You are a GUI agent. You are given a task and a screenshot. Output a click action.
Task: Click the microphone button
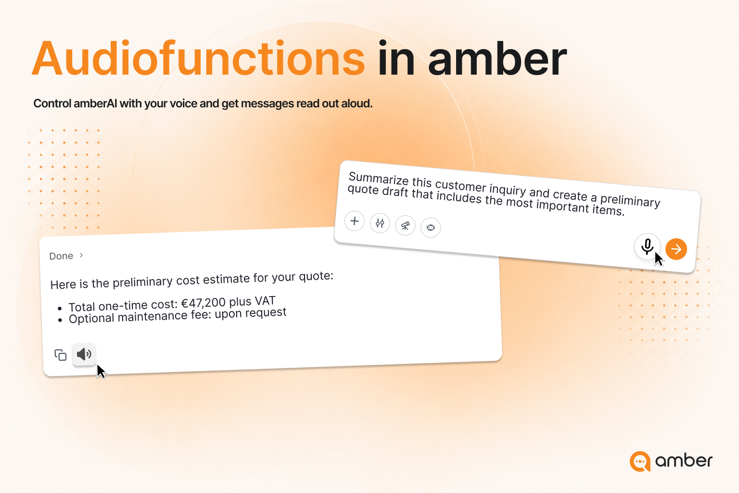tap(647, 246)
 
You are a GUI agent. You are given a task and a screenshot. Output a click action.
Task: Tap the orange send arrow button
tap(676, 249)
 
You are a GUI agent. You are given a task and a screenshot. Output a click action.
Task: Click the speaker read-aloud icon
tap(84, 354)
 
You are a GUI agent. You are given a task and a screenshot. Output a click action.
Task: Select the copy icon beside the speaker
tap(60, 355)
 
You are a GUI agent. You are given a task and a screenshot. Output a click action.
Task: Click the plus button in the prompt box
tap(355, 221)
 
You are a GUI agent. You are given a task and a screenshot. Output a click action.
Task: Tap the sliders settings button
tap(380, 223)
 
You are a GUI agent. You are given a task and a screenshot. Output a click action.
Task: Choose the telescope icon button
tap(405, 225)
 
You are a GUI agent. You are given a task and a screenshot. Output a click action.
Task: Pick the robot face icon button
tap(431, 228)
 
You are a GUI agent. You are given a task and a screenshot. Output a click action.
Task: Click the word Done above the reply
tap(61, 256)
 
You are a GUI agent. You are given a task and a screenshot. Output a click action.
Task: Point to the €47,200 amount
tap(204, 302)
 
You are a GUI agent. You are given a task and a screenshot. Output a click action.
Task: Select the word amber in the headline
tap(497, 58)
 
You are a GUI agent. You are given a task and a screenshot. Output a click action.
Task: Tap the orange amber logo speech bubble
tap(640, 461)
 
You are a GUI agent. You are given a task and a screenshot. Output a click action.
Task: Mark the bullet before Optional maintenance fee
tap(60, 320)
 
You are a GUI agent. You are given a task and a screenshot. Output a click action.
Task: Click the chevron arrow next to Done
tap(81, 255)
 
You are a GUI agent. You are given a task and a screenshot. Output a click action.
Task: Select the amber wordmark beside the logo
tap(684, 460)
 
